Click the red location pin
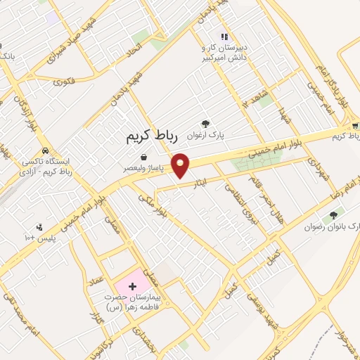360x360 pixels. (181, 165)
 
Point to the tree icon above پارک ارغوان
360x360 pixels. (205, 123)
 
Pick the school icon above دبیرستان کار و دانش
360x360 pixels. (224, 37)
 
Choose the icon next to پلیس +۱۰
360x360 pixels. (39, 226)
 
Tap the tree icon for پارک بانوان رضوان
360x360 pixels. (333, 214)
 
